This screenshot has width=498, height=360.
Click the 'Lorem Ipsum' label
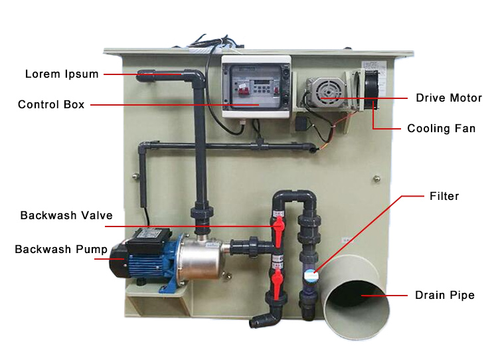pos(62,74)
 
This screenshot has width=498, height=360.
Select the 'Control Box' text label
pos(51,104)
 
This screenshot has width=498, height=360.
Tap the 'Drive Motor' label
pos(449,98)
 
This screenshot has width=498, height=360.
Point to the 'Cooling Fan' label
pos(441,128)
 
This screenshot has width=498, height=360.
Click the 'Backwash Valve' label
pos(66,215)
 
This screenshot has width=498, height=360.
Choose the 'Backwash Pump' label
pos(61,250)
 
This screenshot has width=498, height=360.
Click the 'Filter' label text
pos(444,196)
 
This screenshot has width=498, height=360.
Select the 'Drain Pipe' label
pos(445,295)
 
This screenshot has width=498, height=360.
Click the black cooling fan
pos(371,90)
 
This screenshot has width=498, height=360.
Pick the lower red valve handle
pos(277,284)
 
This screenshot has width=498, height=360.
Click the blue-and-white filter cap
pos(309,274)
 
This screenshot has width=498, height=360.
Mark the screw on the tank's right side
pos(376,179)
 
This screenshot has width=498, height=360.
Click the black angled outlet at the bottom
pos(264,319)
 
